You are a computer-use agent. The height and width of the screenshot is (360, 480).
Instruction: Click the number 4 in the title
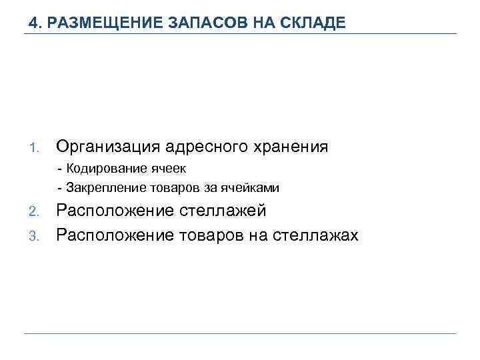(33, 23)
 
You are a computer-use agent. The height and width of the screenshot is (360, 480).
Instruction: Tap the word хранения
(295, 147)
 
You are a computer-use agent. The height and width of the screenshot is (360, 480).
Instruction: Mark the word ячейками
(253, 188)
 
